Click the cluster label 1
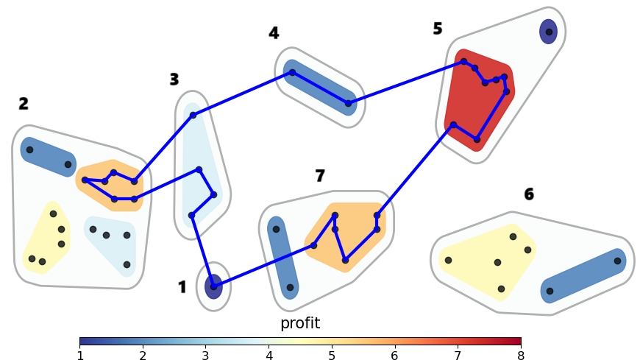pyautogui.click(x=182, y=287)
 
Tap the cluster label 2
pyautogui.click(x=24, y=104)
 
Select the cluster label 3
pyautogui.click(x=174, y=80)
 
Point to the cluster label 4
pyautogui.click(x=274, y=33)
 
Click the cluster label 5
pyautogui.click(x=438, y=29)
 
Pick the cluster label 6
pyautogui.click(x=529, y=194)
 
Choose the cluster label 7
pyautogui.click(x=320, y=176)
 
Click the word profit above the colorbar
pyautogui.click(x=300, y=323)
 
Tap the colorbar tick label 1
pyautogui.click(x=79, y=355)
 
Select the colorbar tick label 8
pyautogui.click(x=521, y=355)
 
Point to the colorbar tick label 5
pyautogui.click(x=332, y=355)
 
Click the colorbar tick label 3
pyautogui.click(x=206, y=355)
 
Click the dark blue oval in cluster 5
pyautogui.click(x=548, y=32)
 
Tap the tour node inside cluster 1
pyautogui.click(x=213, y=286)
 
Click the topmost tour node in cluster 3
pyautogui.click(x=193, y=115)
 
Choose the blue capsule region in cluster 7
pyautogui.click(x=282, y=258)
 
